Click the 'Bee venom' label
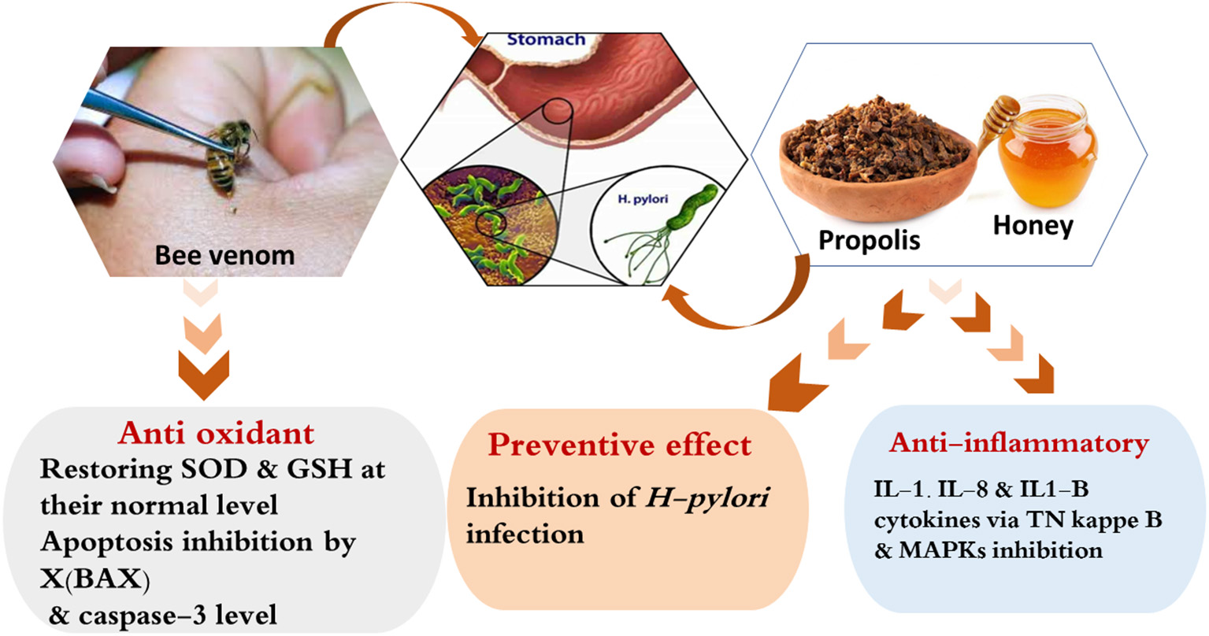tap(224, 255)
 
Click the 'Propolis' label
tap(869, 239)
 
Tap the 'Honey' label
tap(1033, 226)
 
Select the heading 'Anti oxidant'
tap(216, 433)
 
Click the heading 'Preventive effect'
tap(619, 446)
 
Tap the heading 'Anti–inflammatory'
tap(1018, 443)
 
